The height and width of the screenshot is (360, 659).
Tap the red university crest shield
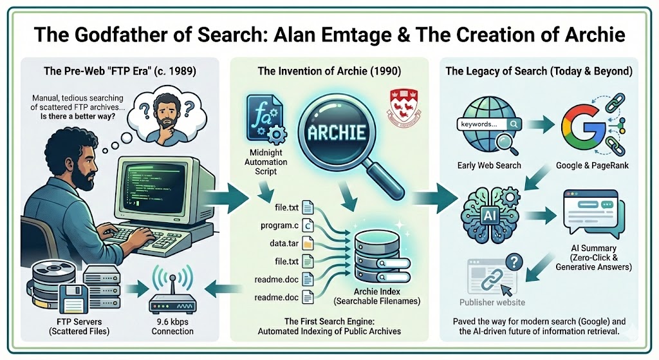pos(396,105)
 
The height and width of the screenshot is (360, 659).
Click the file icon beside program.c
pos(308,226)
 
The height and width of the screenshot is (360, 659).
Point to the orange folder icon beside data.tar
pos(308,245)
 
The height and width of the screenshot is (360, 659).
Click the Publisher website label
pos(492,302)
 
